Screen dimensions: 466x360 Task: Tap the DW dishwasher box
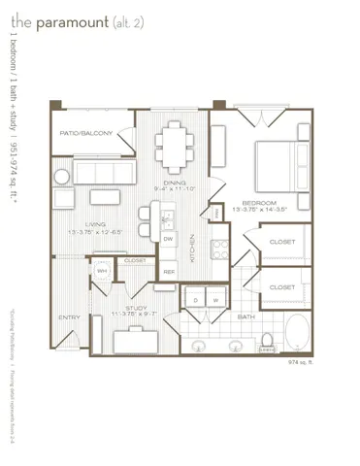click(168, 239)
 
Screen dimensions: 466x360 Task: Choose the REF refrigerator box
click(169, 272)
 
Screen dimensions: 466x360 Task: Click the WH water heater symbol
click(101, 271)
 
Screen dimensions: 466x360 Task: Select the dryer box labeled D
click(196, 301)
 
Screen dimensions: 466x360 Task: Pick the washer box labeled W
click(215, 301)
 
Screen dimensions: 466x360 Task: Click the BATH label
click(246, 317)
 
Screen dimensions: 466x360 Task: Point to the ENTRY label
click(69, 317)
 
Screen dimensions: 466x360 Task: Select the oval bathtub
click(294, 333)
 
